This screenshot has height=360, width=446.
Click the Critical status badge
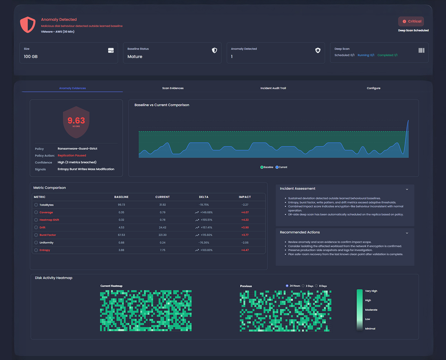pyautogui.click(x=411, y=21)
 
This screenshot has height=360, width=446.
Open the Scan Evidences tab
pyautogui.click(x=173, y=88)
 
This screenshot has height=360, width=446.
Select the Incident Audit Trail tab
pyautogui.click(x=273, y=88)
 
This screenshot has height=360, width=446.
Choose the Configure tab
pyautogui.click(x=373, y=88)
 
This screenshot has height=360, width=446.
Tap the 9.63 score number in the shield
pyautogui.click(x=76, y=120)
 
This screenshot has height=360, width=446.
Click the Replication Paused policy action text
pyautogui.click(x=72, y=156)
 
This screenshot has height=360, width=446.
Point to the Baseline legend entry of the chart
pyautogui.click(x=267, y=167)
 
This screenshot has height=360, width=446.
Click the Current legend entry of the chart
pyautogui.click(x=282, y=167)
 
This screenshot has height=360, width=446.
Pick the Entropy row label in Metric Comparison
pyautogui.click(x=45, y=250)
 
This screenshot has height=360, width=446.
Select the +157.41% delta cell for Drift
pyautogui.click(x=206, y=227)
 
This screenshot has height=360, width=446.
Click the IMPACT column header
pyautogui.click(x=245, y=197)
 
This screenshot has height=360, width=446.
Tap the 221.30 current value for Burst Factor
pyautogui.click(x=163, y=235)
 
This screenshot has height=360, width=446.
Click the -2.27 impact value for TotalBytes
pyautogui.click(x=245, y=205)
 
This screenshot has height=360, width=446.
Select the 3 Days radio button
pyautogui.click(x=303, y=286)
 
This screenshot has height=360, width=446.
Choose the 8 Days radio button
pyautogui.click(x=317, y=286)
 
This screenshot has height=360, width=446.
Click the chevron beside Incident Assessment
pyautogui.click(x=407, y=189)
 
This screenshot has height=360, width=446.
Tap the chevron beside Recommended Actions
pyautogui.click(x=407, y=233)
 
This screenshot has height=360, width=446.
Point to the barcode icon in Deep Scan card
pyautogui.click(x=421, y=50)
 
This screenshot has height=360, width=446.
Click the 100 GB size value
pyautogui.click(x=31, y=56)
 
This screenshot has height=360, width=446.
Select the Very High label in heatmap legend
pyautogui.click(x=371, y=291)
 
